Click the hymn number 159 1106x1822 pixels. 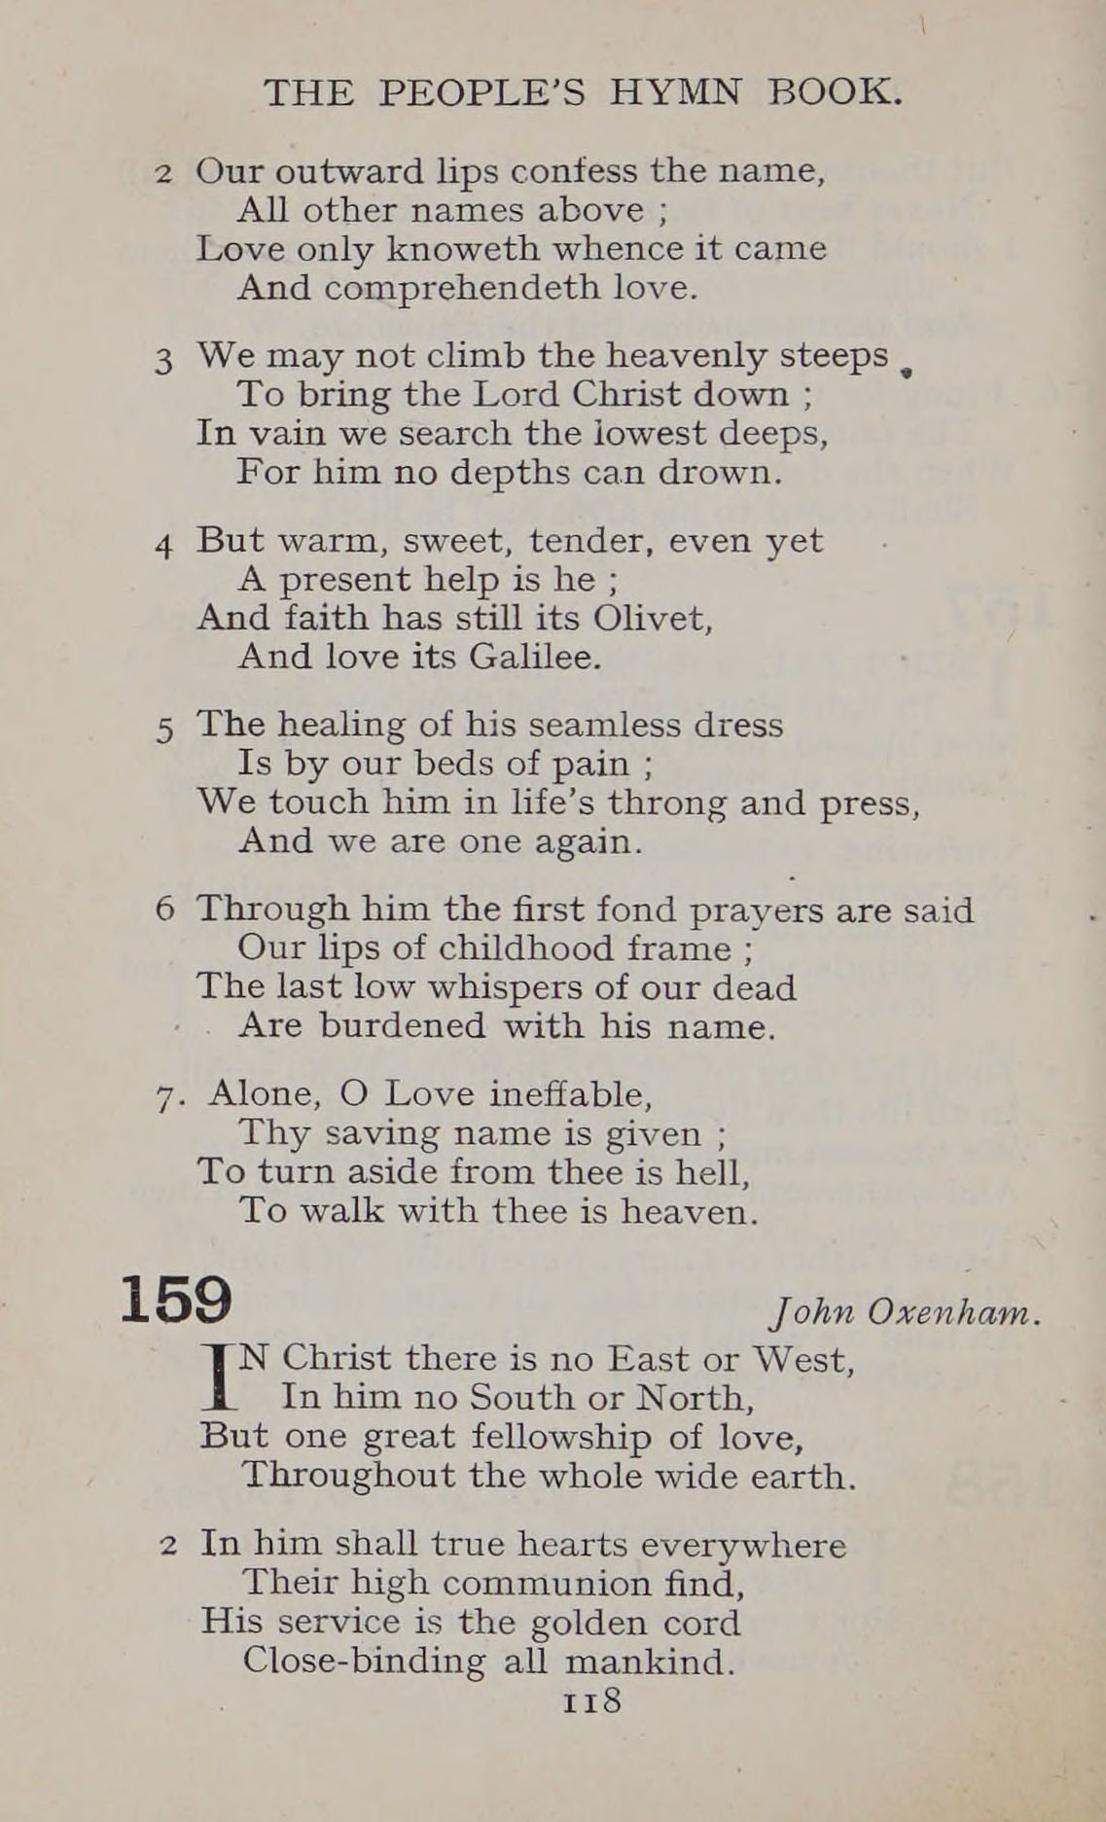pos(176,1300)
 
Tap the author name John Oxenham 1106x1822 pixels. pos(905,1313)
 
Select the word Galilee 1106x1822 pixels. pos(535,658)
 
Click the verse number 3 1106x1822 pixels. pos(163,361)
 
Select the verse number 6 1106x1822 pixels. pos(164,911)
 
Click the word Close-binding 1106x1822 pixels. pos(363,1661)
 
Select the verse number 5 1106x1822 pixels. pos(163,729)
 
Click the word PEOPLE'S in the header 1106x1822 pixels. pos(482,92)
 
